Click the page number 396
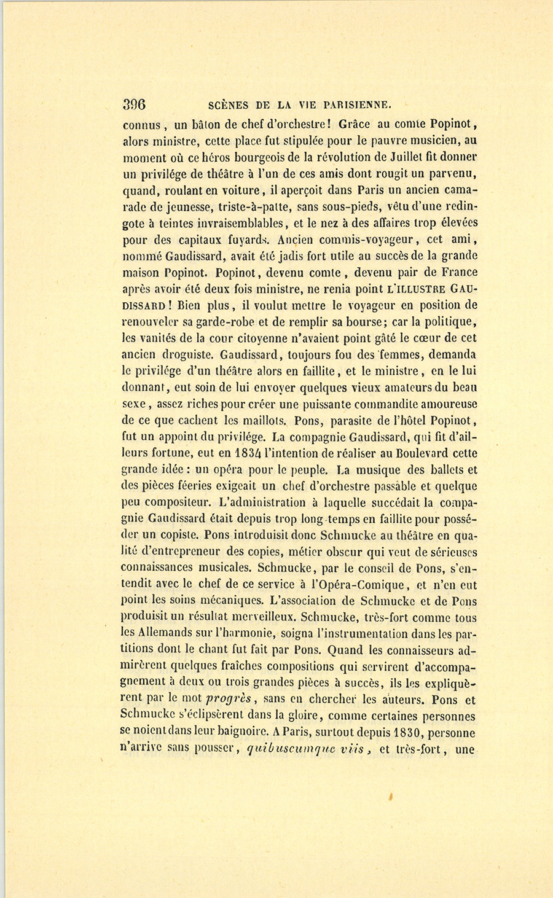tap(133, 103)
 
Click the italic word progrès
tap(227, 700)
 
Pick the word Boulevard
tap(419, 454)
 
